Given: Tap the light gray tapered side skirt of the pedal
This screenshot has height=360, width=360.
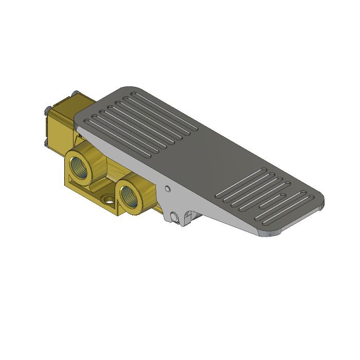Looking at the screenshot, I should [x=206, y=201].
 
